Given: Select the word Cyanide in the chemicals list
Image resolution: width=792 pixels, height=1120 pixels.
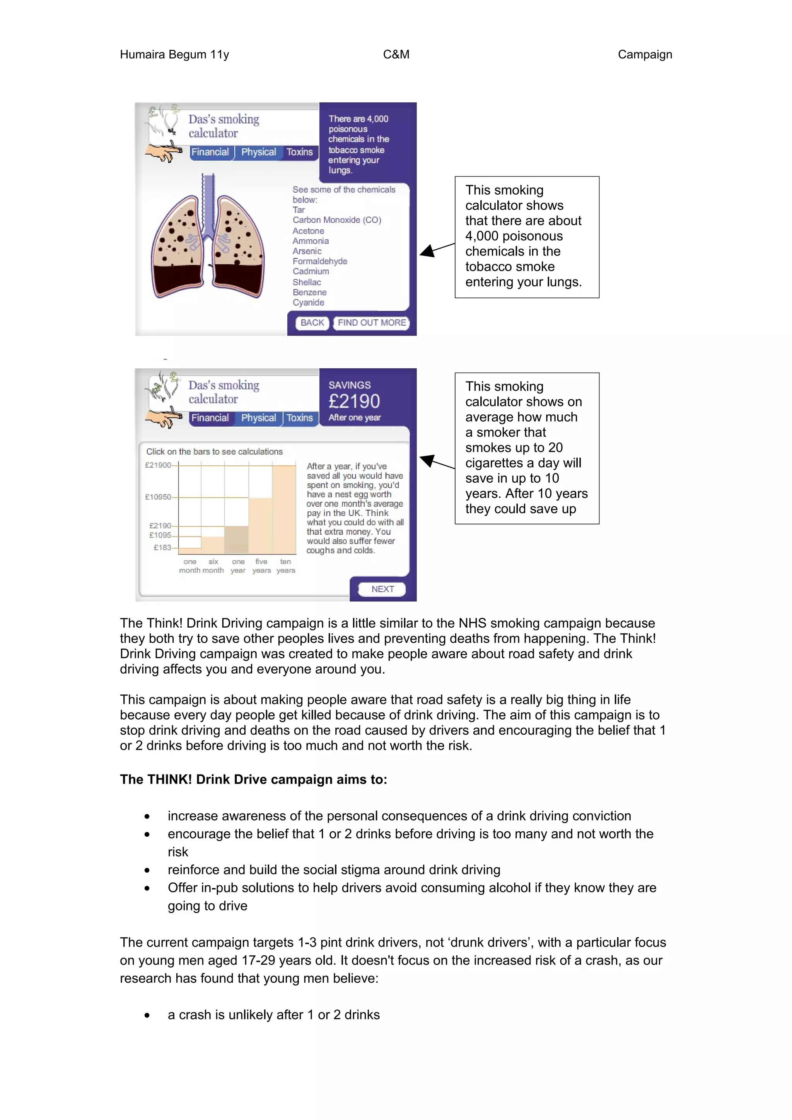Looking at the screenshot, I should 308,303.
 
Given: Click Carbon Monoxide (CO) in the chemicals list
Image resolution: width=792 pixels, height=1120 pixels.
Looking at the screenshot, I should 337,220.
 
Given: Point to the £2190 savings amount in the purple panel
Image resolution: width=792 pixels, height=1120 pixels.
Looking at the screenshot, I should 354,402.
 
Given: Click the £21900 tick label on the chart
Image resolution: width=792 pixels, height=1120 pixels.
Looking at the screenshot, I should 158,465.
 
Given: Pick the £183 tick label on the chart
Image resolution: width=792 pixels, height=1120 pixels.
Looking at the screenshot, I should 162,547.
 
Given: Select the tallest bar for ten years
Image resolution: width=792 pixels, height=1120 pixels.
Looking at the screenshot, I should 284,510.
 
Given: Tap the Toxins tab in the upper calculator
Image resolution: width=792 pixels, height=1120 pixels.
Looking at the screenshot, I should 299,152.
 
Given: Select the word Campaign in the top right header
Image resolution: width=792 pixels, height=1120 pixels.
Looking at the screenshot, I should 645,54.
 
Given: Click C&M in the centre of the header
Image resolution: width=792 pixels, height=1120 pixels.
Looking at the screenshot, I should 396,54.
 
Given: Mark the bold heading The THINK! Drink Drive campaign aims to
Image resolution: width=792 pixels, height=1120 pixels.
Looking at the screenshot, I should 253,780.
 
